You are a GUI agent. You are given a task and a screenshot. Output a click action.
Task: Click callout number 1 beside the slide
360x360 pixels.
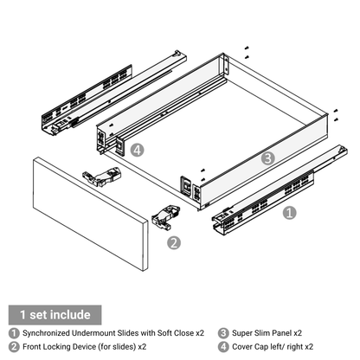tap(289, 213)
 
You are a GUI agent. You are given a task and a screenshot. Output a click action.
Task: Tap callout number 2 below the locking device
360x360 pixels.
tap(174, 242)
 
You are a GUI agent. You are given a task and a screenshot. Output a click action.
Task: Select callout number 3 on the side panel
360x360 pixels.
tap(268, 158)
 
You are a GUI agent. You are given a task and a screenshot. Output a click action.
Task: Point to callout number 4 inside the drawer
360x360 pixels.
tap(137, 150)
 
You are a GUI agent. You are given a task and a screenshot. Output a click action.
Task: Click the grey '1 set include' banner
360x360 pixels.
tap(55, 315)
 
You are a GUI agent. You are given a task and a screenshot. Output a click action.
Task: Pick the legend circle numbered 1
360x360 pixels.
tap(14, 333)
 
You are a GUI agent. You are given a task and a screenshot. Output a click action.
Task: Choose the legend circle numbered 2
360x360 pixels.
tap(14, 346)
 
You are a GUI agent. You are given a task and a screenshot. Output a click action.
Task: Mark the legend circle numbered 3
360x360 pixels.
tap(223, 333)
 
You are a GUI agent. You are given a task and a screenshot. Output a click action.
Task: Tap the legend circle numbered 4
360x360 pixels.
tap(223, 346)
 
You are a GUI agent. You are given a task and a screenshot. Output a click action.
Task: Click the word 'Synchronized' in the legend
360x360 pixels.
tap(46, 333)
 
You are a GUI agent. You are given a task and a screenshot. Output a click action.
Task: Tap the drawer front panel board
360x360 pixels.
tap(90, 214)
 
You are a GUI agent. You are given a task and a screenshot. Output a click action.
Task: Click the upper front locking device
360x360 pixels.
tap(102, 177)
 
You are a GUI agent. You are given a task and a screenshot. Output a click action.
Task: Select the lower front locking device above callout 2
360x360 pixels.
tap(166, 217)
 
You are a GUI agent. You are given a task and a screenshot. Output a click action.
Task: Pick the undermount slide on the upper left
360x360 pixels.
tap(114, 93)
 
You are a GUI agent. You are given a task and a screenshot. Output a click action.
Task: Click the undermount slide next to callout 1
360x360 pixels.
tap(280, 190)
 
